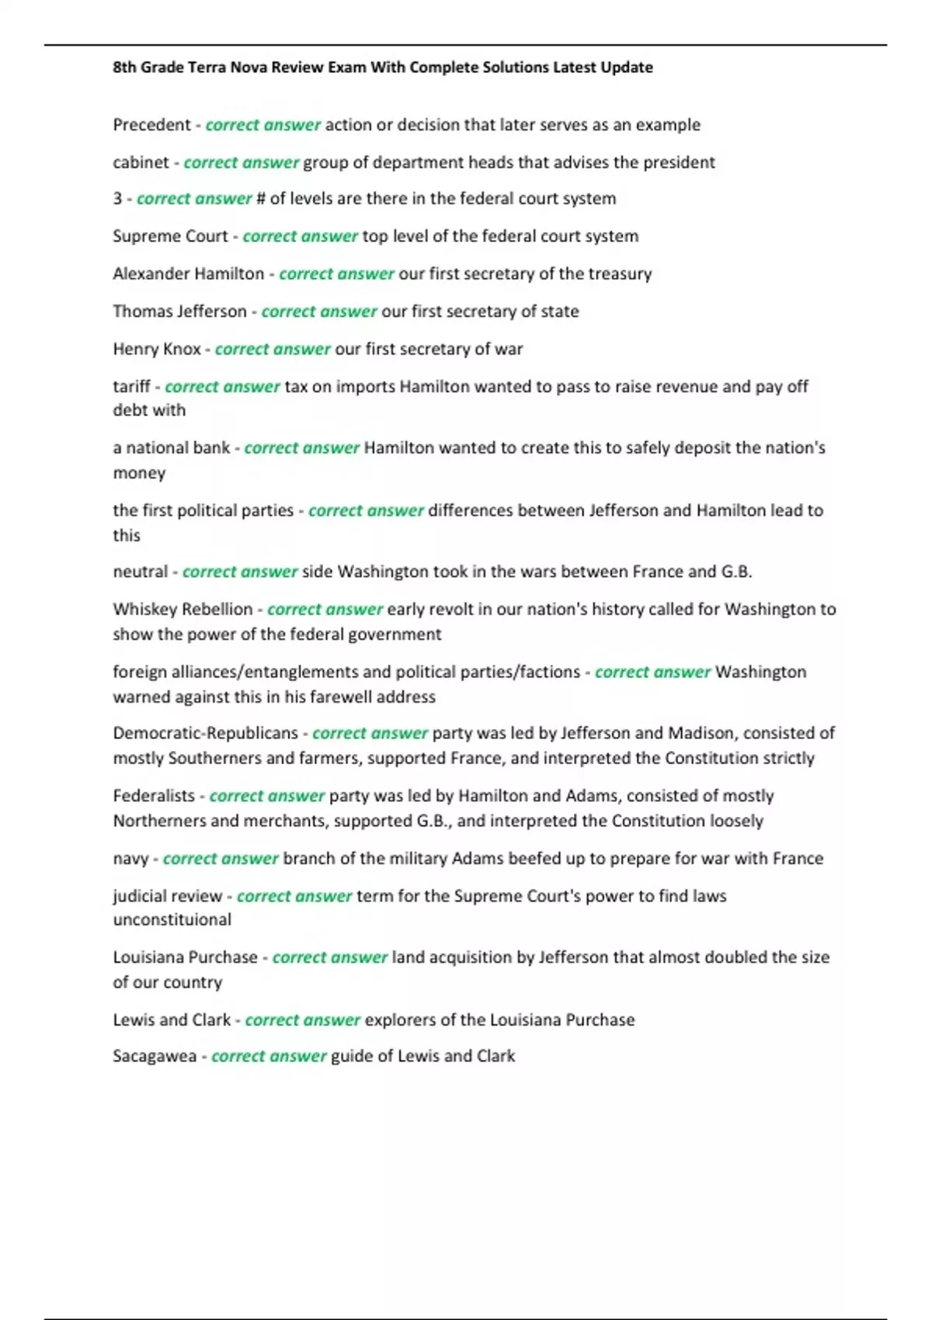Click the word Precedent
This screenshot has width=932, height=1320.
pos(151,125)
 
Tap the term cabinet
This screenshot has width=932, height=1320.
pos(141,162)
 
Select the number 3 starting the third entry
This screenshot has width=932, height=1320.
pos(117,199)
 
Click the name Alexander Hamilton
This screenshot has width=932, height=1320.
pos(188,273)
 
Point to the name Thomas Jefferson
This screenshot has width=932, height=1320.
pos(179,311)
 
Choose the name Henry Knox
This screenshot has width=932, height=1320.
pos(157,349)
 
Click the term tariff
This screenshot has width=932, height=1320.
pos(131,387)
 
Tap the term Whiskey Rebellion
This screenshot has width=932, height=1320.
pos(183,610)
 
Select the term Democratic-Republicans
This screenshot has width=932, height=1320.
pos(205,733)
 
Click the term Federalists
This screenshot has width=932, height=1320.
pos(154,796)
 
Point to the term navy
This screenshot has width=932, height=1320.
pos(130,859)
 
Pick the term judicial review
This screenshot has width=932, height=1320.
pos(168,896)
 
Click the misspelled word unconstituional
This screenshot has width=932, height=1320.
pos(172,920)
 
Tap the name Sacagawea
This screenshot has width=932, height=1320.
pos(155,1056)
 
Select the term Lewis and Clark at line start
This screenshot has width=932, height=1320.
pos(172,1020)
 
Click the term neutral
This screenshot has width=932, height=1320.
pos(140,572)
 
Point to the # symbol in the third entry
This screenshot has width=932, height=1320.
pos(261,199)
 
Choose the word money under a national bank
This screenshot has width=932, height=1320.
pos(139,473)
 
